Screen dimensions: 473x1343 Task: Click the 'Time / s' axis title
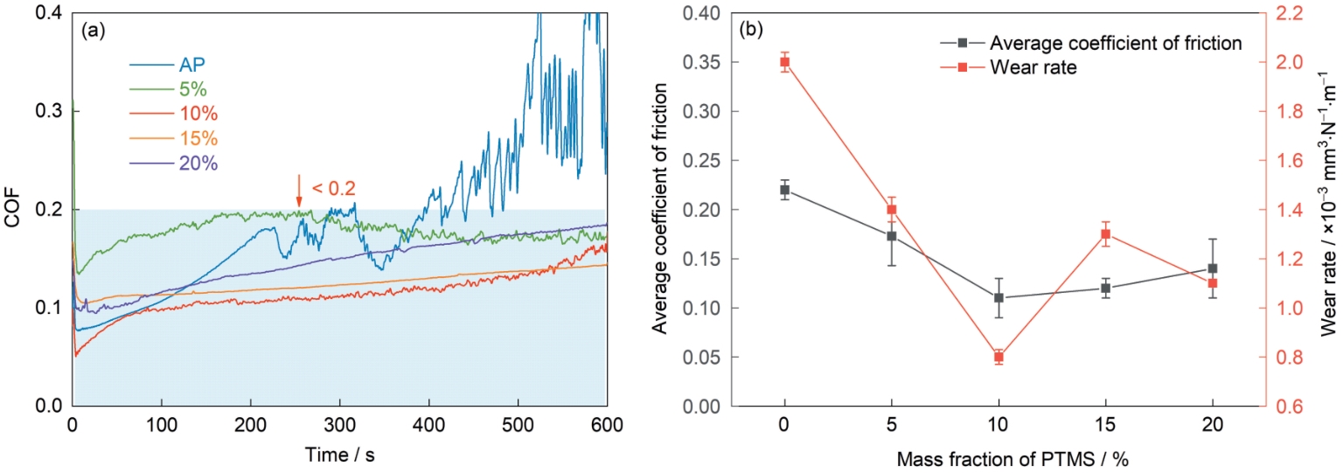(x=339, y=456)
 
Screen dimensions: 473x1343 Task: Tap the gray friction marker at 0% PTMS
(x=785, y=190)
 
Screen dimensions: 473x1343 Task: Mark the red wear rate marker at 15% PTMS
(x=1105, y=258)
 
